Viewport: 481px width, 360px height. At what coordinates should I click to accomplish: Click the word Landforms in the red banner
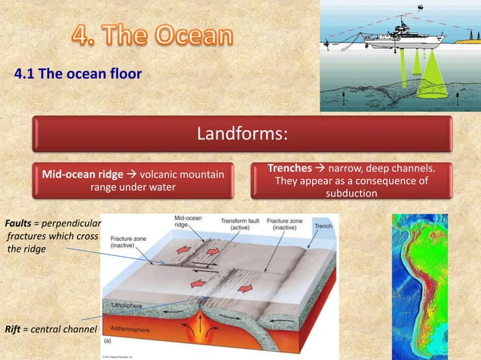(x=241, y=135)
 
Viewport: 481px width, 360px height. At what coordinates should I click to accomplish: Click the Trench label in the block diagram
(x=323, y=225)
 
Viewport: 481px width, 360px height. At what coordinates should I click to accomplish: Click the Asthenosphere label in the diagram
(x=135, y=329)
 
